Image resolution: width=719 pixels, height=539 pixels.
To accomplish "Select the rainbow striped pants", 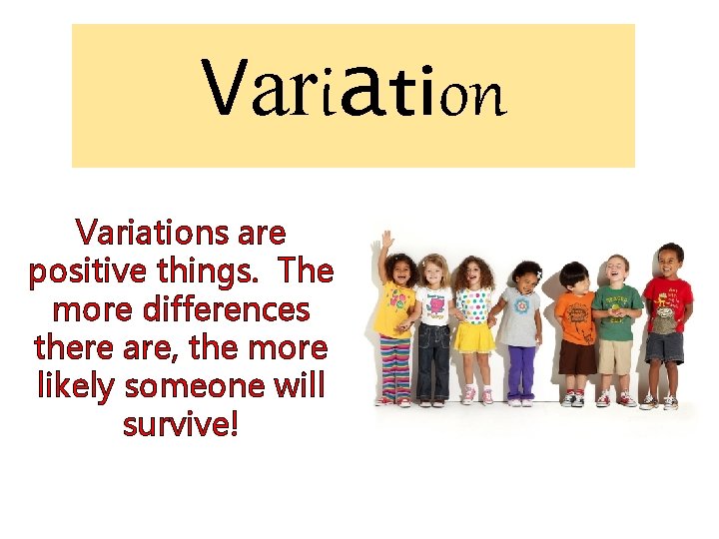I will click(395, 365).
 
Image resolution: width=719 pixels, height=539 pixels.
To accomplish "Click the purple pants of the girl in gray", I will click(519, 369).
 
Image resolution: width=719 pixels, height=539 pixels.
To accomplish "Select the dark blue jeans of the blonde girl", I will click(434, 359).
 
